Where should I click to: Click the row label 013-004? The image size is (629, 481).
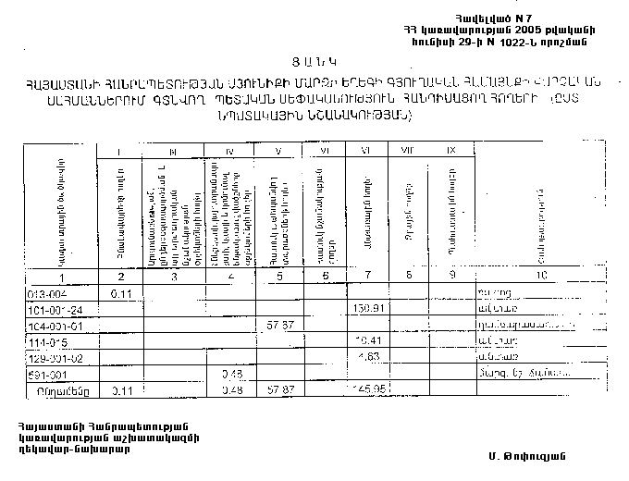46,293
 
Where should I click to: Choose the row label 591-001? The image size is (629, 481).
46,375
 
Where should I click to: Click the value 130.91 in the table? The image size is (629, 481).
369,309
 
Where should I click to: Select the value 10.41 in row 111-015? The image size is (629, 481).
369,341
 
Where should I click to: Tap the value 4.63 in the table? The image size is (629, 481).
369,357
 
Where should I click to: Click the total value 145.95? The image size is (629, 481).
369,390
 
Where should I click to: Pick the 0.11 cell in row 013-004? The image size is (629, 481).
122,293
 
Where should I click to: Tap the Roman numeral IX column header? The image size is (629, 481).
450,151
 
